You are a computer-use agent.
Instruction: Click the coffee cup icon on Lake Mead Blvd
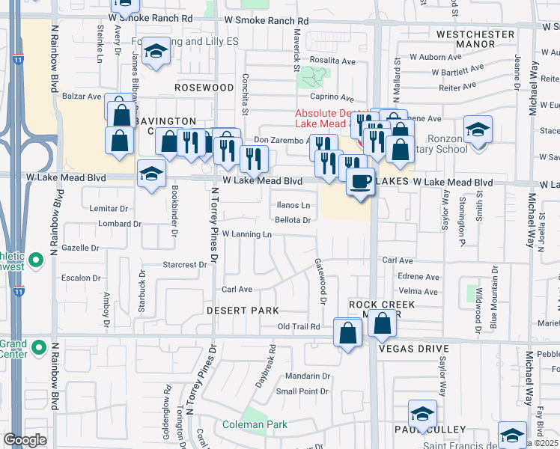click(x=360, y=182)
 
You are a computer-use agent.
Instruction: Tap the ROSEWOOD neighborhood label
click(x=204, y=88)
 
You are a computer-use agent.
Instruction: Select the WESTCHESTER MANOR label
click(x=476, y=40)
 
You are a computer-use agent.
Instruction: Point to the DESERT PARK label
click(x=243, y=311)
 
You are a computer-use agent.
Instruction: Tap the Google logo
click(x=25, y=440)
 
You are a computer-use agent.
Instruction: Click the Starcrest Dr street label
click(x=184, y=265)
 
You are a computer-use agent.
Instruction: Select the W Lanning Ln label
click(x=246, y=234)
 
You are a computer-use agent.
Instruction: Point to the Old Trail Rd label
click(x=299, y=327)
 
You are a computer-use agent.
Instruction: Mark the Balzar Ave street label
click(x=83, y=97)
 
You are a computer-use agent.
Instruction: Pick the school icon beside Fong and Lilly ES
click(x=156, y=51)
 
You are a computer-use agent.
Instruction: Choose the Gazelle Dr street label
click(x=81, y=248)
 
